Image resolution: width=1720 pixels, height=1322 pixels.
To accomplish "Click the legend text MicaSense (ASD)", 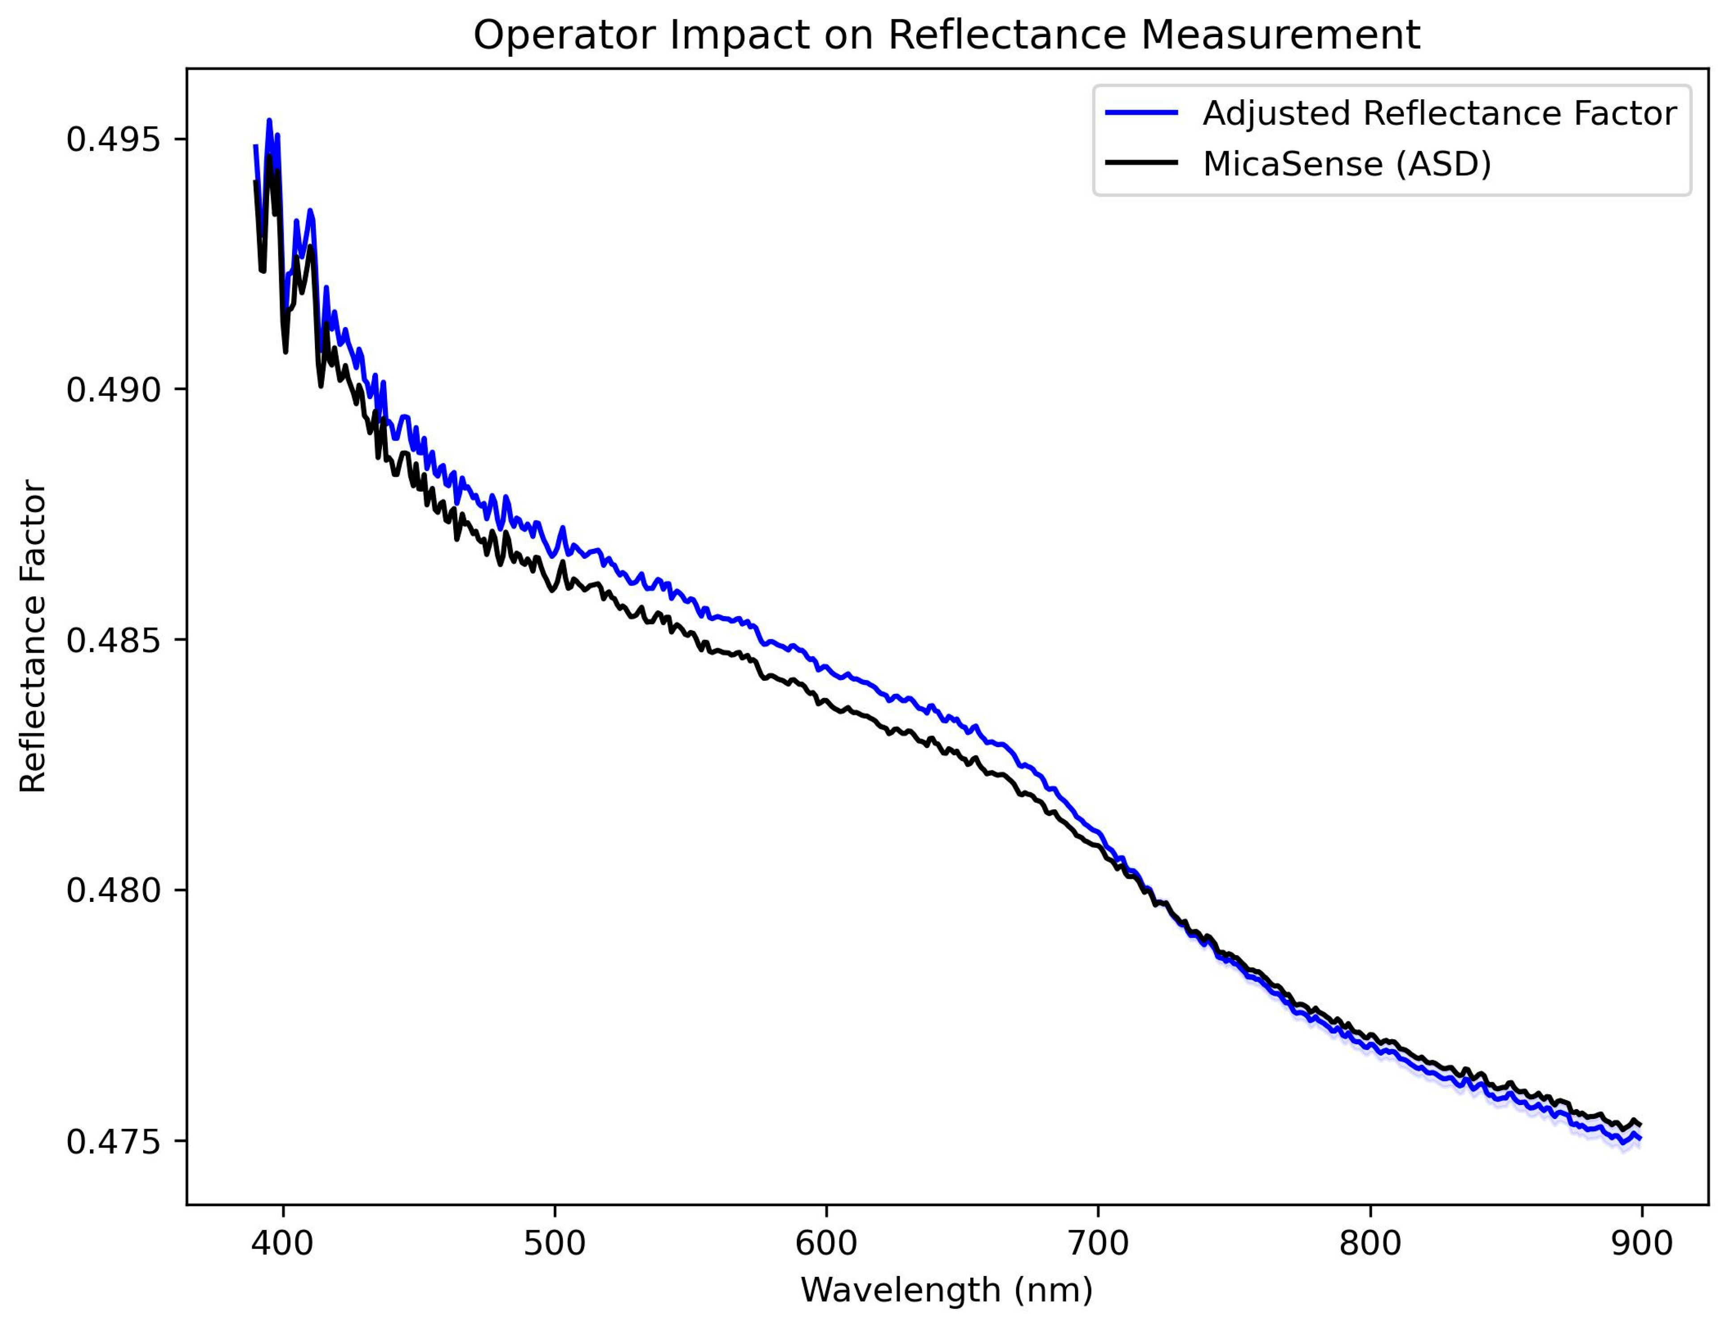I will pyautogui.click(x=1347, y=165).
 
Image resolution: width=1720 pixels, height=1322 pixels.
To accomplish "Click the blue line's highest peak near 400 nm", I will pyautogui.click(x=269, y=120).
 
